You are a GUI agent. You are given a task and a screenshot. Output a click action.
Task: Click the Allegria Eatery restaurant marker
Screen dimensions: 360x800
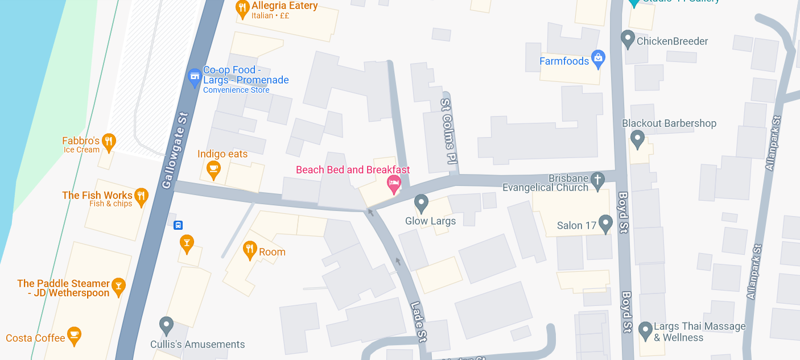point(242,8)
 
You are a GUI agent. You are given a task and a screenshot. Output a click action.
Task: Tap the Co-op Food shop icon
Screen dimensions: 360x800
point(195,76)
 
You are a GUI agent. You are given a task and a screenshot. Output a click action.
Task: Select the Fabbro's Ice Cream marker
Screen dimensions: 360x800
point(109,141)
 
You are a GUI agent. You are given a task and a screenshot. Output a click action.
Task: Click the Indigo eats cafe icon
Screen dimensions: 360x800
point(213,169)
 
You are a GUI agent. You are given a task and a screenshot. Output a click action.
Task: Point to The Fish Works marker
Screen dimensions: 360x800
point(141,196)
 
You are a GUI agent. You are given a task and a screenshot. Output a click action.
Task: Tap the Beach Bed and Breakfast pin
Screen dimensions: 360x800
point(393,183)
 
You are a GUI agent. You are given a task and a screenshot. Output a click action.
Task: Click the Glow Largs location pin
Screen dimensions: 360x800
point(421,202)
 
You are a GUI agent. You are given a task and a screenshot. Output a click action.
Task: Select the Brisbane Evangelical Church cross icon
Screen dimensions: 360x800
point(597,180)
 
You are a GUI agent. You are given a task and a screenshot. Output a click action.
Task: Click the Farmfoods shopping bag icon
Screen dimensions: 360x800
point(597,57)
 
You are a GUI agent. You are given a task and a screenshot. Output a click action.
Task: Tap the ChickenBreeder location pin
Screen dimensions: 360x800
point(628,39)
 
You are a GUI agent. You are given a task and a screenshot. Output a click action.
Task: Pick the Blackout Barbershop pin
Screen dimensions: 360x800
point(637,138)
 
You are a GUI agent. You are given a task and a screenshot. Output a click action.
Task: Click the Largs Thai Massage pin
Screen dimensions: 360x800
point(645,330)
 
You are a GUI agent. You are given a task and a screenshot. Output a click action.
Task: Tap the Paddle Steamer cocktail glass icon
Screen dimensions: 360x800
point(118,286)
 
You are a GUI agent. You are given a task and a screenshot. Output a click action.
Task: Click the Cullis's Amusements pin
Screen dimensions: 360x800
point(166,325)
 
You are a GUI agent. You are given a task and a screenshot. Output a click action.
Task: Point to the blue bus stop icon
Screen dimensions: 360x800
point(178,225)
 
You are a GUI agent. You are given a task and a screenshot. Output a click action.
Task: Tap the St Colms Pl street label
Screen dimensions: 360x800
point(449,130)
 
